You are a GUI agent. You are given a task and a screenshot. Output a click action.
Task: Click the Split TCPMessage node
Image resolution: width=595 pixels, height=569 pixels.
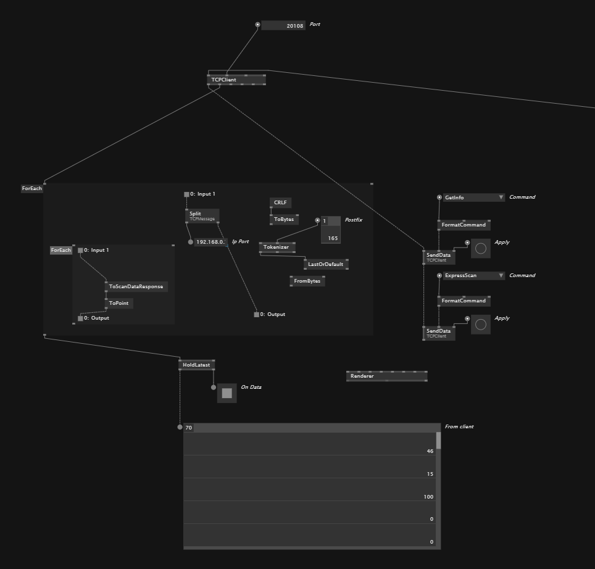(202, 216)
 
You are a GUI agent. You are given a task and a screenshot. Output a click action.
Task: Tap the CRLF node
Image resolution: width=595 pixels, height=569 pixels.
(280, 203)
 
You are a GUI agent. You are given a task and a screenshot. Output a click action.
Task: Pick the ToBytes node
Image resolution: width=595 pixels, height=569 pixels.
(284, 220)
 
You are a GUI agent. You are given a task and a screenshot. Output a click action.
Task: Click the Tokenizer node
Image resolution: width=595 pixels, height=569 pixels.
(277, 247)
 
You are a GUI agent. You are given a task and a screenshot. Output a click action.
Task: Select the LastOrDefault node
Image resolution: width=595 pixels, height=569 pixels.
(325, 264)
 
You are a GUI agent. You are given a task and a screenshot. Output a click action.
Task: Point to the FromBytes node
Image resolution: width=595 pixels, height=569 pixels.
(307, 281)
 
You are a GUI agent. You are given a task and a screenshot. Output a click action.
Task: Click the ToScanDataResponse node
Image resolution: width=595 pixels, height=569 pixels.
(136, 287)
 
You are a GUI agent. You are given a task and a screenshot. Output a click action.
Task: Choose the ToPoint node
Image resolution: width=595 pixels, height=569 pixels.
(119, 304)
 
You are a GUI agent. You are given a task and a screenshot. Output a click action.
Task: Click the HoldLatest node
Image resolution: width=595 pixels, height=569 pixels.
(196, 365)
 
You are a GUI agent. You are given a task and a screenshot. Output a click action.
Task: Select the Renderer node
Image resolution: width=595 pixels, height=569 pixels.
(386, 376)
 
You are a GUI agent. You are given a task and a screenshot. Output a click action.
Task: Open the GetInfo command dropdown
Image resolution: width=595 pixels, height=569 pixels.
(473, 197)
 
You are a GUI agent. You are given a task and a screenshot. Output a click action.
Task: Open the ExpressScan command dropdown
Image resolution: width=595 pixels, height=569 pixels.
(473, 276)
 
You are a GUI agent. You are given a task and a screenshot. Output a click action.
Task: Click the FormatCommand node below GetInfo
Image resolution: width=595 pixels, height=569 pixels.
(464, 225)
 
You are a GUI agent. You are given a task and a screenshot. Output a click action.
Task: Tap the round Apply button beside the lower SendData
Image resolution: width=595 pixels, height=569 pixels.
(481, 325)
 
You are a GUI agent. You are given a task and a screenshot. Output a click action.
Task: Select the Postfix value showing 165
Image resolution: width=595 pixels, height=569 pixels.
(331, 238)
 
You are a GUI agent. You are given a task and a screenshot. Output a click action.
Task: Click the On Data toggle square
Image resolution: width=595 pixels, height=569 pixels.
(227, 393)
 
